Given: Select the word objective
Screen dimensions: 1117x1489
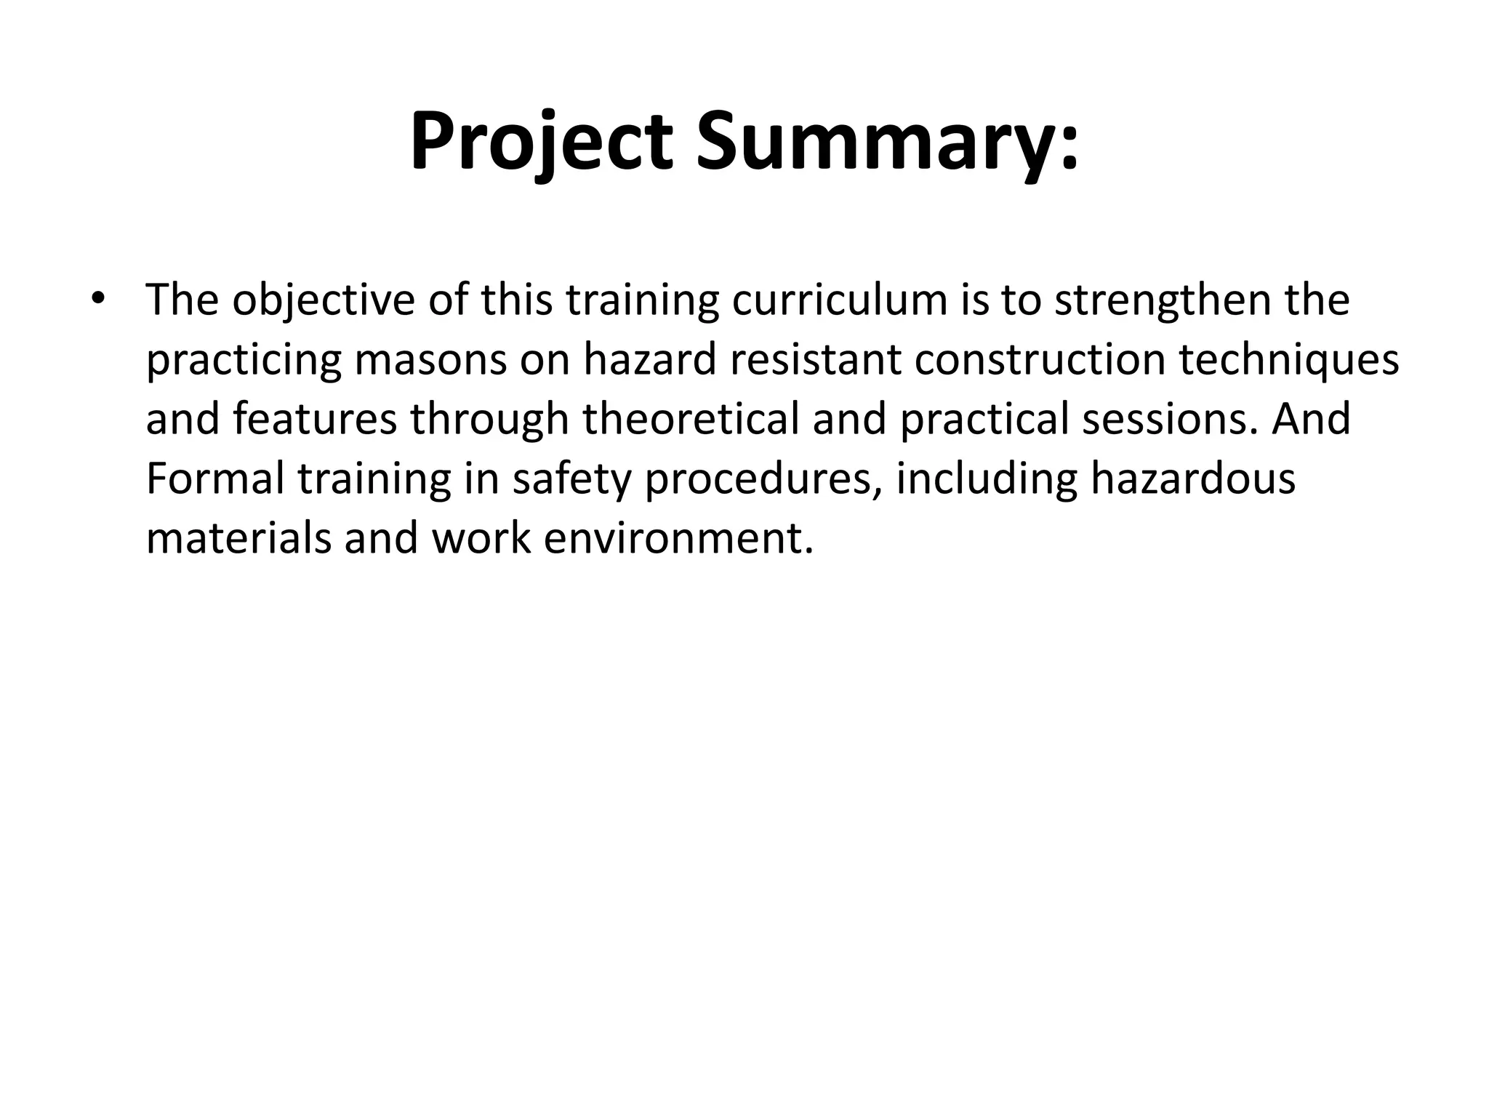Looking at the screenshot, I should coord(323,299).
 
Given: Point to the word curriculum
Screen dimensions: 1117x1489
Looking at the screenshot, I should coord(839,299).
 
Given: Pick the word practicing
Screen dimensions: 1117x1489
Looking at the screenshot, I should coord(244,359).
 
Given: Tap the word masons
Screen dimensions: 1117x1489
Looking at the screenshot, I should coord(430,359).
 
